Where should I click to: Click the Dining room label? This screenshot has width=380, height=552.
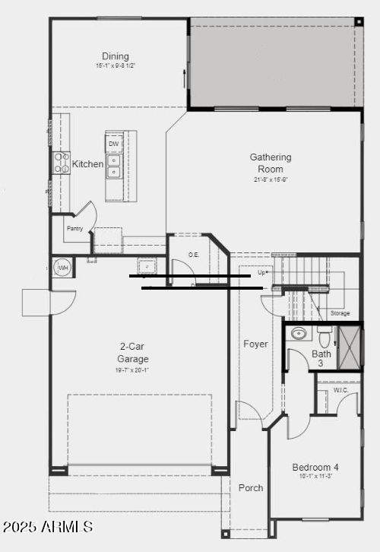[x=116, y=56]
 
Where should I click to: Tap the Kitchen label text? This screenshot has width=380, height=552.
[x=88, y=164]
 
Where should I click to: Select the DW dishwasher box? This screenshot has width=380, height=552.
[x=114, y=144]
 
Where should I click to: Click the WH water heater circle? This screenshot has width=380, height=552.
[x=63, y=268]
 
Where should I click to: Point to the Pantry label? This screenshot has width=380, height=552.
[x=74, y=228]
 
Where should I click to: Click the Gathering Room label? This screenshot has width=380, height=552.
[x=271, y=163]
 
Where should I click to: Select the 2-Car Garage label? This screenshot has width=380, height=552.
[x=133, y=354]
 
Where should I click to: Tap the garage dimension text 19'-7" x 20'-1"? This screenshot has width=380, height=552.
[x=133, y=370]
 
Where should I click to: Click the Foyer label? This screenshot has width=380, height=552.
[x=255, y=344]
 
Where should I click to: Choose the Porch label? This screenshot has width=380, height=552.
[x=251, y=487]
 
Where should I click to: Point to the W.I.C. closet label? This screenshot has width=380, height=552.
[x=340, y=390]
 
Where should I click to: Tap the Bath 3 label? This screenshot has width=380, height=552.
[x=321, y=358]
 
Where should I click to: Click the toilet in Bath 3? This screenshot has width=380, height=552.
[x=325, y=335]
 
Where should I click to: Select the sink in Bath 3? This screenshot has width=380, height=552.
[x=299, y=333]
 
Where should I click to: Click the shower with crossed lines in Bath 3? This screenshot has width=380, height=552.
[x=350, y=347]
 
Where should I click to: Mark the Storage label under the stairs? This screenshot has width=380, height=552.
[x=340, y=313]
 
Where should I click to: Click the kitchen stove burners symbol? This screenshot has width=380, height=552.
[x=61, y=163]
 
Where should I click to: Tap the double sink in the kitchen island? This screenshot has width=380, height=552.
[x=114, y=166]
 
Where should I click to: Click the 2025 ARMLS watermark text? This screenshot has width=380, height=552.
[x=47, y=526]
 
